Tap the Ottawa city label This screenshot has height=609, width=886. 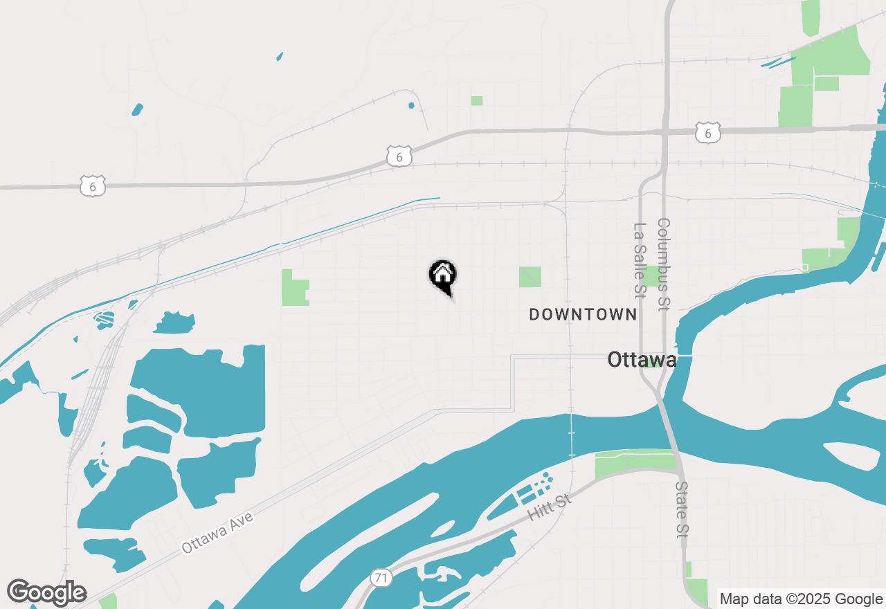(x=642, y=360)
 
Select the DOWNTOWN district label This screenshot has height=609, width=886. (x=583, y=315)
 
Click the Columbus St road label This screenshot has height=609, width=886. (x=664, y=264)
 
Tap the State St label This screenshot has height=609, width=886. (x=682, y=510)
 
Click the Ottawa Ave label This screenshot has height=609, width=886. (x=217, y=532)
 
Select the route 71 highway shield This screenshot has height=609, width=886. (x=381, y=579)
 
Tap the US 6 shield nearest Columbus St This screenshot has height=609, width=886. (x=708, y=133)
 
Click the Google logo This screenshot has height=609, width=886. (x=46, y=592)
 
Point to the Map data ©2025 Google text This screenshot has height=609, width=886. (x=801, y=599)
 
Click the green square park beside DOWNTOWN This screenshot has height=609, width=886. (x=530, y=277)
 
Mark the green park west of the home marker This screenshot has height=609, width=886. (x=293, y=289)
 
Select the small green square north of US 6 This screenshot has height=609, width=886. (x=477, y=101)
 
